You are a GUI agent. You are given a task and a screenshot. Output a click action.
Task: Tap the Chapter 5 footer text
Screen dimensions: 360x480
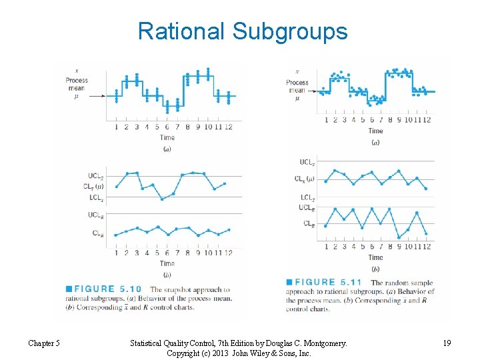point(44,343)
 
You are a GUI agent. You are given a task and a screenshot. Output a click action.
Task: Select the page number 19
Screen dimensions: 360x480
point(446,343)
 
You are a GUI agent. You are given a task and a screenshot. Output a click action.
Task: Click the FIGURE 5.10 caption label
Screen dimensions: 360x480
point(107,289)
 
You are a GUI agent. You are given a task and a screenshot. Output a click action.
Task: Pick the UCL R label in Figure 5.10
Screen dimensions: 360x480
point(95,215)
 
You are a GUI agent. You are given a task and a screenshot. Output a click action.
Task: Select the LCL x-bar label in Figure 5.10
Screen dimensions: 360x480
point(96,198)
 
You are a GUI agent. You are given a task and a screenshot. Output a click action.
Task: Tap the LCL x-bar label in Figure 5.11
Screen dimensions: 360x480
point(307,197)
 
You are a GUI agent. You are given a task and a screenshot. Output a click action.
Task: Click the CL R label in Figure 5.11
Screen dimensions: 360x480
point(309,224)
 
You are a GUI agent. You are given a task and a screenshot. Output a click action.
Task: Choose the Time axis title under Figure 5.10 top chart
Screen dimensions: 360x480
point(167,138)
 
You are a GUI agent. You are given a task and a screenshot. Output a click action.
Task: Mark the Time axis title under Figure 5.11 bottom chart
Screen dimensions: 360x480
point(375,257)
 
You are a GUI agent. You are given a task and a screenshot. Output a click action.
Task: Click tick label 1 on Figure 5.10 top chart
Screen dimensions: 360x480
point(117,127)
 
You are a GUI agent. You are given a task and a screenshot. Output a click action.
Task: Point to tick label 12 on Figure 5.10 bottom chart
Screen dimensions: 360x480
point(228,253)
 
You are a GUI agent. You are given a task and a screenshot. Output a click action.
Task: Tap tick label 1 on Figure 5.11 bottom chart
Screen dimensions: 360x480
point(326,247)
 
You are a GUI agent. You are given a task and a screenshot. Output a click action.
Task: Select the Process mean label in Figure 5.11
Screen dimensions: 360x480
point(297,87)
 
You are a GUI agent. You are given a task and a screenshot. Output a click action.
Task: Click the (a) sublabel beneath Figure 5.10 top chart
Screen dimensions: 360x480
point(167,149)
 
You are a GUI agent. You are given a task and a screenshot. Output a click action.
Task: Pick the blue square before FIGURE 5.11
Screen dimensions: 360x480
point(289,282)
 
